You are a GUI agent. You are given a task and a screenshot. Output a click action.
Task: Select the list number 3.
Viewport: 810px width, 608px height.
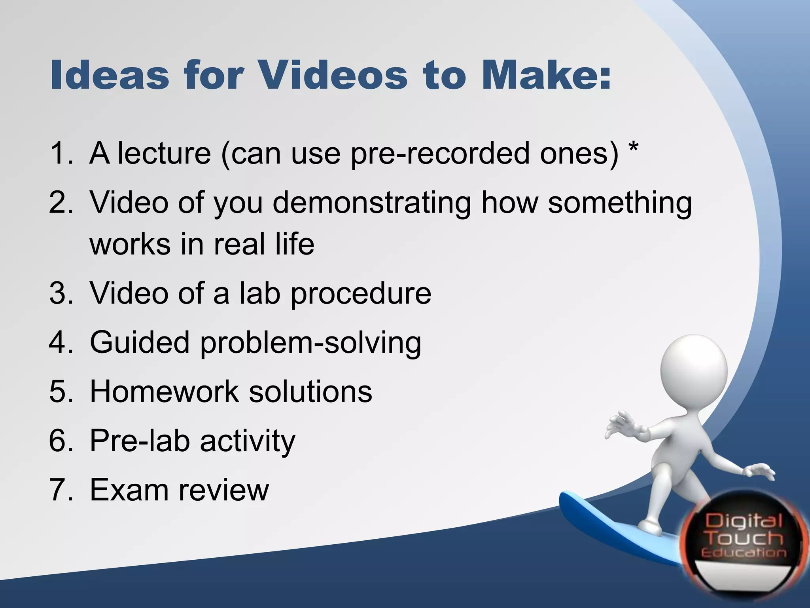coord(61,293)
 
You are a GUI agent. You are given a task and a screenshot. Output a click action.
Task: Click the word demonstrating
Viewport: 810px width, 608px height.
coord(372,203)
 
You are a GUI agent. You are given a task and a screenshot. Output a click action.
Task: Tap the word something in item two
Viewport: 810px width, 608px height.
coord(620,203)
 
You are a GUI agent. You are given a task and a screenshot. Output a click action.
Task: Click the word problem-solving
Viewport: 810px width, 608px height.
coord(310,343)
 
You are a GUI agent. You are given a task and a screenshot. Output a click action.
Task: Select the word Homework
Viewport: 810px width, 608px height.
coord(165,391)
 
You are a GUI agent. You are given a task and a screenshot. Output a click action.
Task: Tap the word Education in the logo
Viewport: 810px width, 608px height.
coord(744,553)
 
